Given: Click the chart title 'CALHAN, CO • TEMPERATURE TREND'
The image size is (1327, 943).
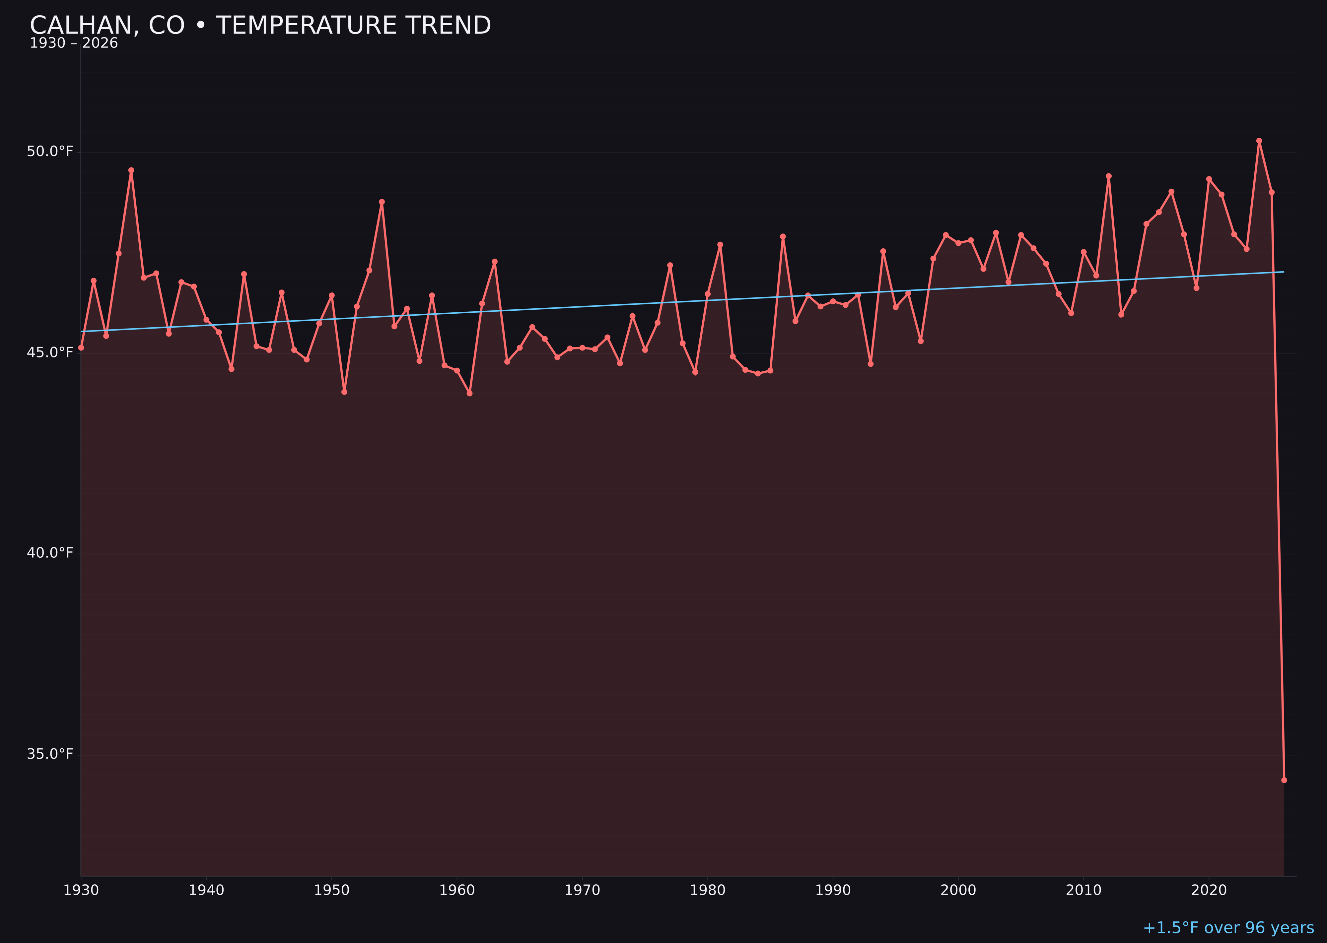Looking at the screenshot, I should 260,26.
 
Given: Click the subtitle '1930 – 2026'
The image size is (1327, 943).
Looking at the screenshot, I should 74,43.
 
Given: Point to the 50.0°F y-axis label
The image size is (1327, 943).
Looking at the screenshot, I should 50,152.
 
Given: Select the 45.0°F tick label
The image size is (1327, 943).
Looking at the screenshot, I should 50,352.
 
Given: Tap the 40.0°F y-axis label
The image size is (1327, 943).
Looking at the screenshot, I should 50,553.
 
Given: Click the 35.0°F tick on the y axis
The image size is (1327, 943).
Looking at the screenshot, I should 50,754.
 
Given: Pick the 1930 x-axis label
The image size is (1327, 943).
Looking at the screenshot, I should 81,890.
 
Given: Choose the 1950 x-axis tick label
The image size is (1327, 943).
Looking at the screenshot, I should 332,890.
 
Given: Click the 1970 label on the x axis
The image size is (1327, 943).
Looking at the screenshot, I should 582,890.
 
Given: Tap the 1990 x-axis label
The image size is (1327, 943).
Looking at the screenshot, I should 833,890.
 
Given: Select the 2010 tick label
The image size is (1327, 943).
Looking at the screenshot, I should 1083,890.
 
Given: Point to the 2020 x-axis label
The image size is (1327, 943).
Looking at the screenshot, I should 1209,890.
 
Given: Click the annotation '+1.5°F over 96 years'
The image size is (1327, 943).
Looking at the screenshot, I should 1228,928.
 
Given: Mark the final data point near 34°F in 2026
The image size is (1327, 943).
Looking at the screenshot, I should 1284,780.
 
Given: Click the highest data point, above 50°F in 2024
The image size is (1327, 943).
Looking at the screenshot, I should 1259,141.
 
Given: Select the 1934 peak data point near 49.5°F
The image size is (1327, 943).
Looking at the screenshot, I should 131,170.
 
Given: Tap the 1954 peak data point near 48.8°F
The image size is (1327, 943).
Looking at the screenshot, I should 382,202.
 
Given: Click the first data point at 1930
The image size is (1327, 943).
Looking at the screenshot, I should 81,347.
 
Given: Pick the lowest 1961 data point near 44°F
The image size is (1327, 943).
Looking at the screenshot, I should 469,393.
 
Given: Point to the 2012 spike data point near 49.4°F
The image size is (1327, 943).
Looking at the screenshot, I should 1109,176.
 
